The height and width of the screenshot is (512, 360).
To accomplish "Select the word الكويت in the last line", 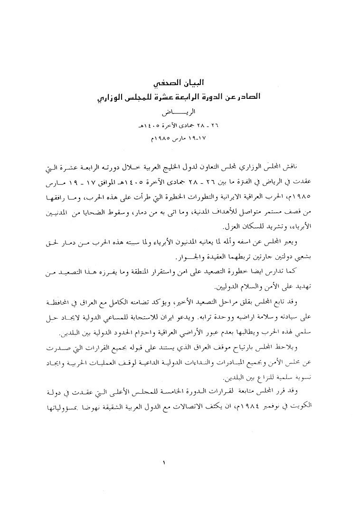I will point(316,409).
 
